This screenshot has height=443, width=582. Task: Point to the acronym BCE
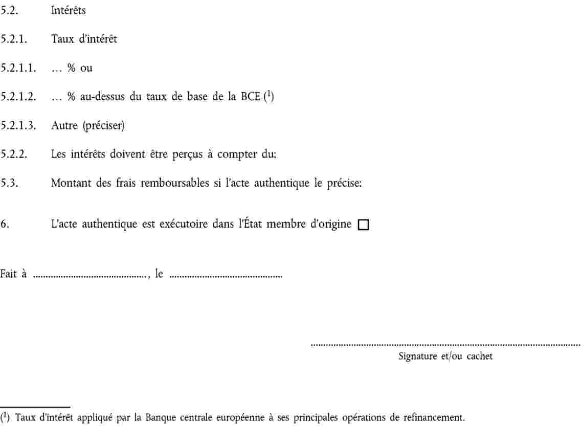coord(251,97)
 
